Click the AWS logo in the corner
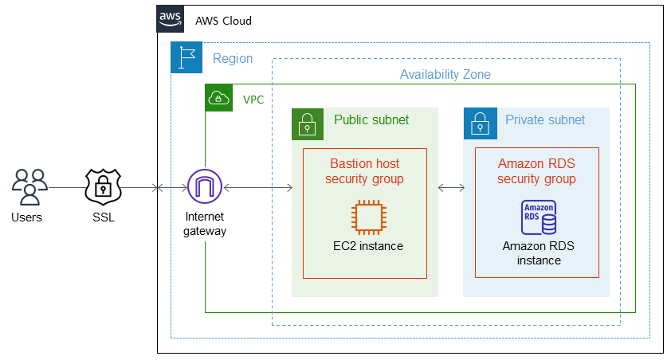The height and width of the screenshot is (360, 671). pyautogui.click(x=170, y=19)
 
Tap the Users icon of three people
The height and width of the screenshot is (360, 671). pyautogui.click(x=29, y=188)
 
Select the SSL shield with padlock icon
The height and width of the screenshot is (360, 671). pyautogui.click(x=102, y=186)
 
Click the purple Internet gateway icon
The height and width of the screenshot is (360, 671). pyautogui.click(x=205, y=187)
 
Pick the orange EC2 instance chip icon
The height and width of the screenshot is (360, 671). pyautogui.click(x=367, y=216)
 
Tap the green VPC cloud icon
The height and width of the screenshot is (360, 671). pyautogui.click(x=218, y=99)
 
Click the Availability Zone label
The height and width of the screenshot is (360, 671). pyautogui.click(x=445, y=74)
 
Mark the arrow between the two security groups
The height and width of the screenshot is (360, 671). pyautogui.click(x=452, y=188)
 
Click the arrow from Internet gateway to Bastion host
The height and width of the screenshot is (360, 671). pyautogui.click(x=258, y=188)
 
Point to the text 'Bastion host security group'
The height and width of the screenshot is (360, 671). pyautogui.click(x=364, y=171)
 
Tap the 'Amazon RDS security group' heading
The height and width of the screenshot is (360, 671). pyautogui.click(x=536, y=171)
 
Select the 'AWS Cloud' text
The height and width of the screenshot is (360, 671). pyautogui.click(x=223, y=21)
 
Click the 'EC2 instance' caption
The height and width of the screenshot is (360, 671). pyautogui.click(x=368, y=246)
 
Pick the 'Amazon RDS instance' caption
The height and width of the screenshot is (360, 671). pyautogui.click(x=538, y=252)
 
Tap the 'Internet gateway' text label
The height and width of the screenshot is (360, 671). pyautogui.click(x=206, y=224)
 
